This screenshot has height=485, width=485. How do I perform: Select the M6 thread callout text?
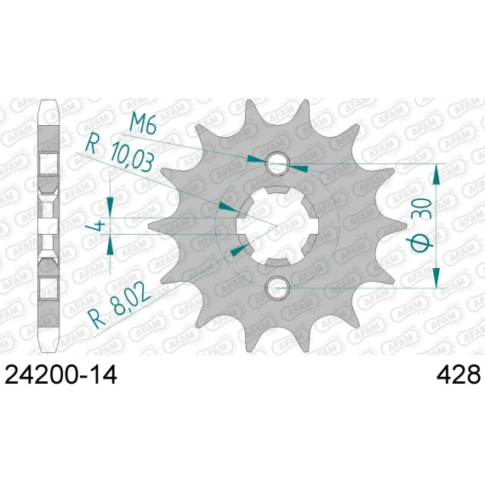(143, 123)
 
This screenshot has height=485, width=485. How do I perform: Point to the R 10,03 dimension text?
(120, 152)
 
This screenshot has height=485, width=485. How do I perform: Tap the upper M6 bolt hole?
(277, 163)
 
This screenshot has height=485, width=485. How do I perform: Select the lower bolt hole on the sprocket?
(277, 288)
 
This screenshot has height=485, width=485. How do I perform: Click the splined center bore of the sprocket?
(277, 225)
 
